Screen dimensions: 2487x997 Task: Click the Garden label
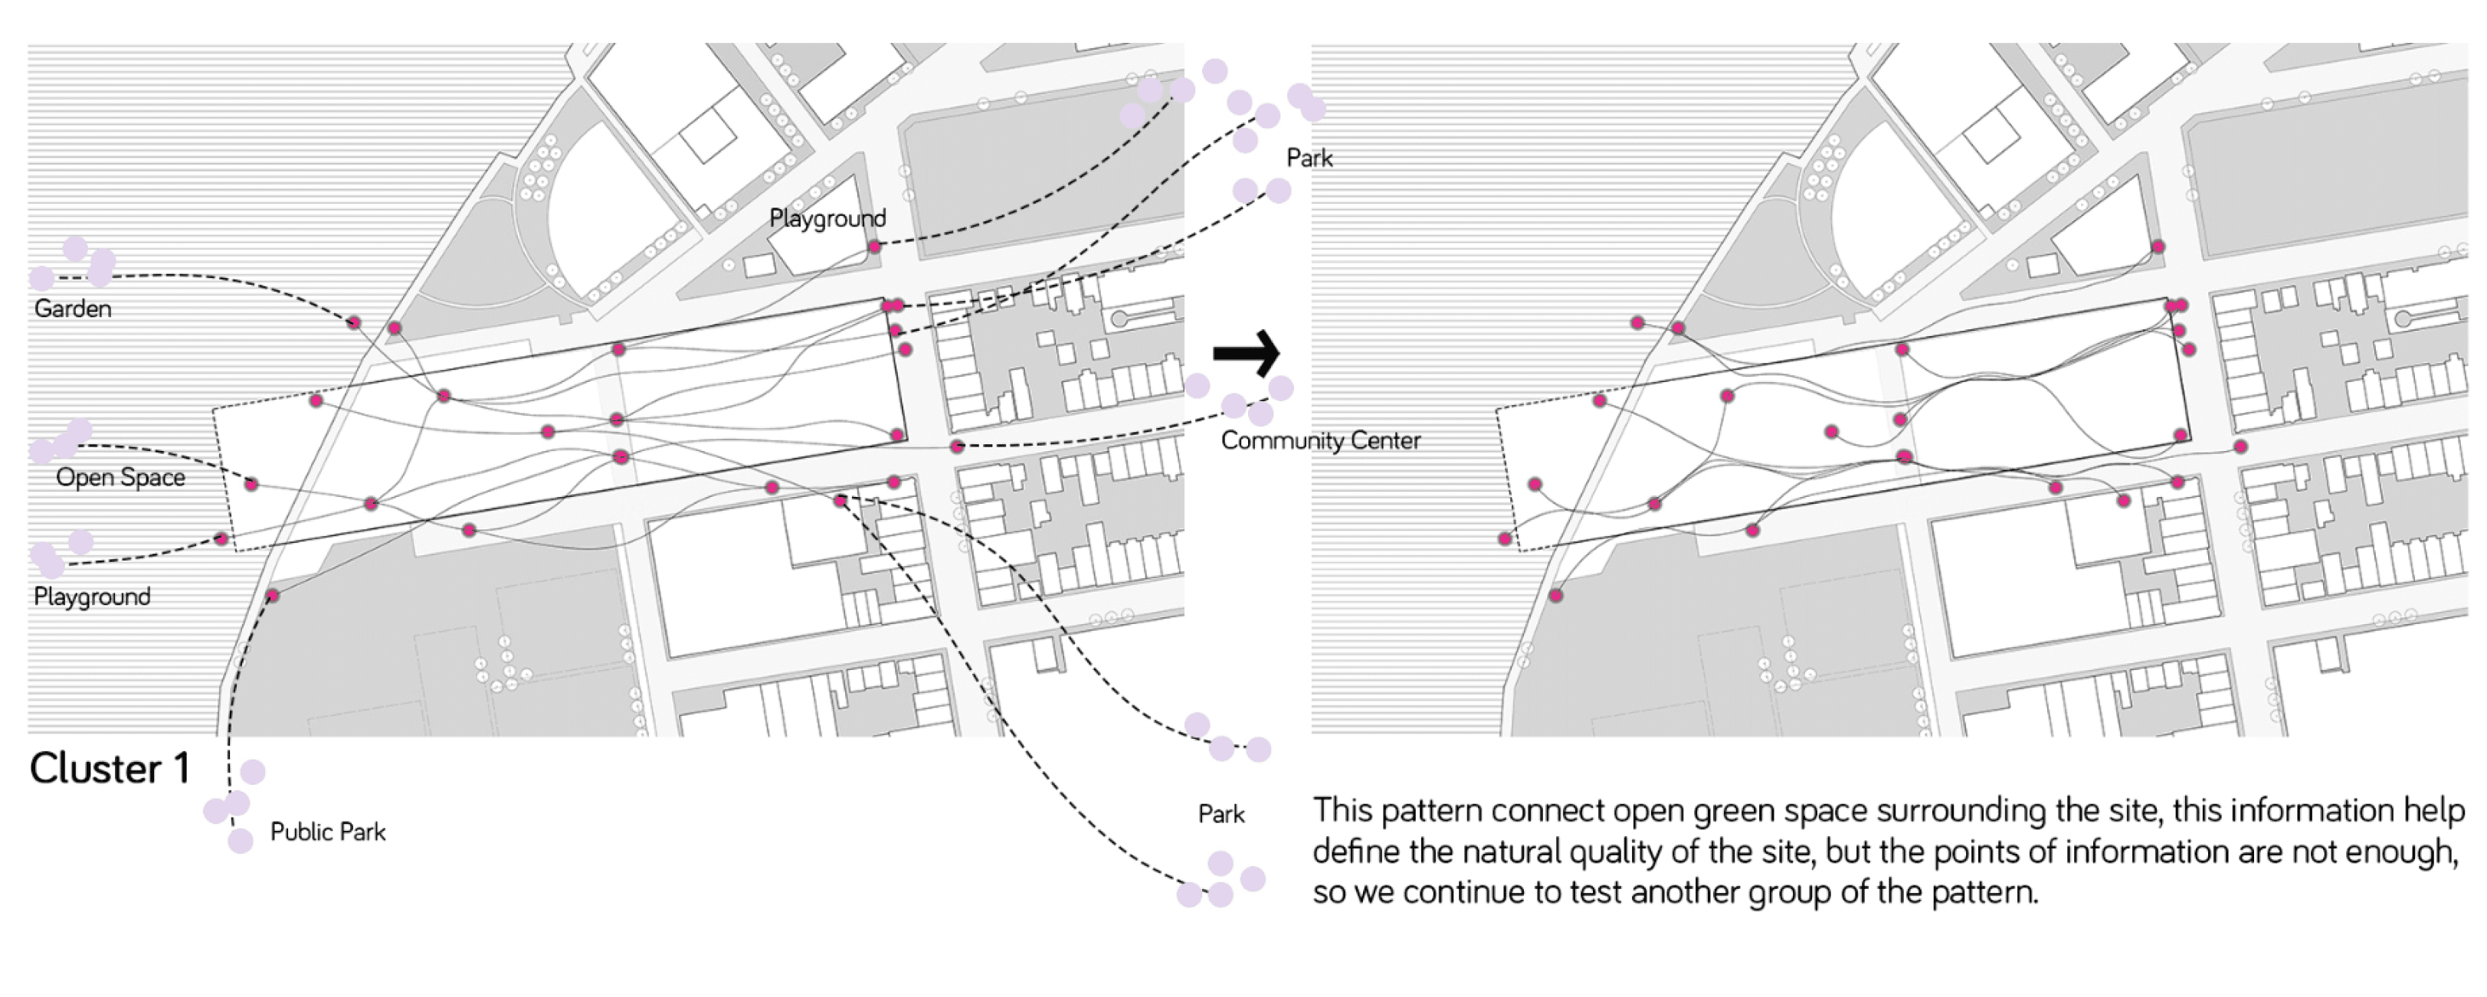pos(73,309)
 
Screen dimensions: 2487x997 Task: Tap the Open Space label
pos(121,478)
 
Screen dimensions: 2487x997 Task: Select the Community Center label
pos(1321,441)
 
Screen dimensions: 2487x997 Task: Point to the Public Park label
pos(327,832)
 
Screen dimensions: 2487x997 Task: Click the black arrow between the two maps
pos(1247,353)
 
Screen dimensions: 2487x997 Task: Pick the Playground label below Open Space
pos(92,597)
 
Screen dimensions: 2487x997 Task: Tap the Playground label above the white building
pos(827,219)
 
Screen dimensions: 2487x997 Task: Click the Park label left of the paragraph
pos(1221,815)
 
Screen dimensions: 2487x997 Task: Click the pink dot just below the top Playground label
pos(873,247)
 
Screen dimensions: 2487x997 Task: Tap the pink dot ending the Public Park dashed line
pos(272,596)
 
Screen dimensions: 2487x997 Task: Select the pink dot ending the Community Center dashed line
pos(955,446)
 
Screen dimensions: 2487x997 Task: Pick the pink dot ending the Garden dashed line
pos(353,322)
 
